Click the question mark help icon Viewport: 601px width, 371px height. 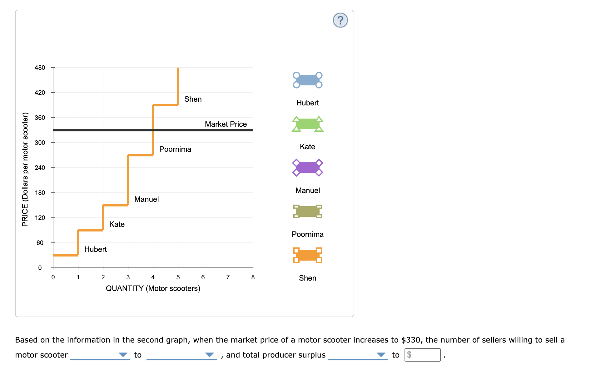click(x=340, y=20)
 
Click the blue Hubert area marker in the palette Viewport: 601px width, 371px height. click(x=307, y=80)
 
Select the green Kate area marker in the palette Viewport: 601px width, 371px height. click(x=307, y=124)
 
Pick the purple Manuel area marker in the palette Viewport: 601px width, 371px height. click(x=307, y=168)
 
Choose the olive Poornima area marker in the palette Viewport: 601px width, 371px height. click(x=307, y=211)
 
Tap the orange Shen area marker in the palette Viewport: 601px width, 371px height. click(x=307, y=255)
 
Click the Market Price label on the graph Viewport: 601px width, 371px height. click(x=226, y=124)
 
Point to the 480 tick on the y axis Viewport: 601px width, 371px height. click(x=40, y=68)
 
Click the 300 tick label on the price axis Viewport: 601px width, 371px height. click(x=40, y=143)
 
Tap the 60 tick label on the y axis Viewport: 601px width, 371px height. click(x=40, y=243)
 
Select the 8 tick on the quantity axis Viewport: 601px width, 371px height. click(x=253, y=277)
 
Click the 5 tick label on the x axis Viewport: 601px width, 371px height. click(x=178, y=277)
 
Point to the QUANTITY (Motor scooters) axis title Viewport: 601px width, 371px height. click(x=153, y=288)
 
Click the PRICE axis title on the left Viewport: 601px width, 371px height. click(x=25, y=169)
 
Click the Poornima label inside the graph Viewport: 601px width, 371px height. click(x=175, y=149)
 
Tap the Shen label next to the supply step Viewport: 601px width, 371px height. click(x=193, y=99)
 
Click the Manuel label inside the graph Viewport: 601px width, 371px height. click(x=146, y=199)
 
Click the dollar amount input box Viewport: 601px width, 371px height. click(x=422, y=355)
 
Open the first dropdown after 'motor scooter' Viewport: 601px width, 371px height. click(x=100, y=355)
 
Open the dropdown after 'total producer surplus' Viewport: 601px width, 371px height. click(x=358, y=355)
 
